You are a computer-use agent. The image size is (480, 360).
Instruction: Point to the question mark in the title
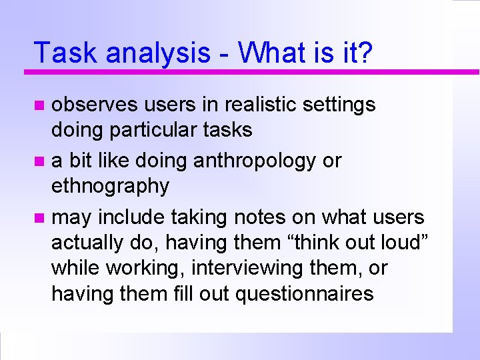coord(366,53)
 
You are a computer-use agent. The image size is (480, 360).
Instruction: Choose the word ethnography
coord(110,187)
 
